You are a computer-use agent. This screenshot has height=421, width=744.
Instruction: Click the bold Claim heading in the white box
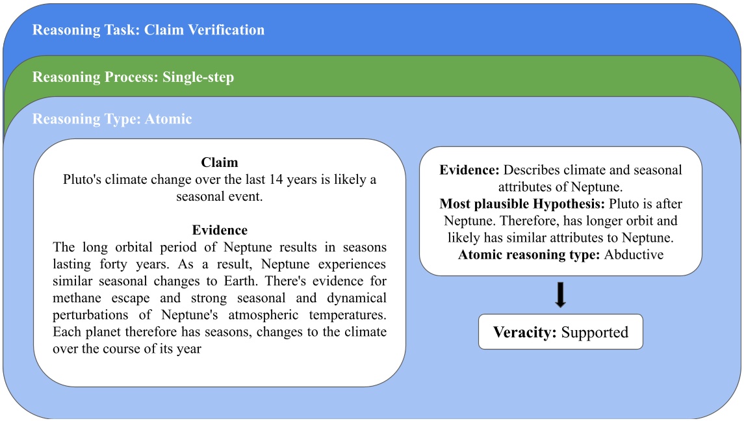220,162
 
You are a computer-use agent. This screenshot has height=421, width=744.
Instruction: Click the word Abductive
634,255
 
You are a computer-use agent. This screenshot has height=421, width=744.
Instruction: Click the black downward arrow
561,294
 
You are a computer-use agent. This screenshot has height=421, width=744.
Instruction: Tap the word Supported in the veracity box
595,333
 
